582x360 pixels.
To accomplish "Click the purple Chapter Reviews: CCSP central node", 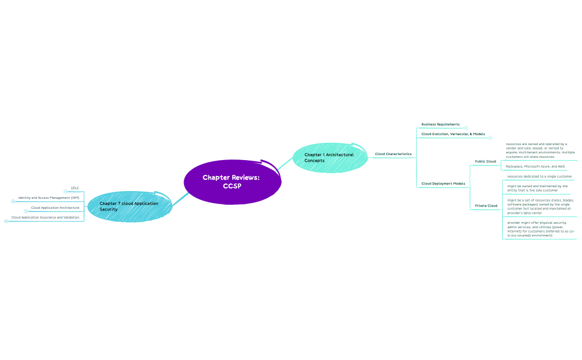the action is (231, 182).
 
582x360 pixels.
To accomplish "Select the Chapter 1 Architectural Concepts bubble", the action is (329, 158).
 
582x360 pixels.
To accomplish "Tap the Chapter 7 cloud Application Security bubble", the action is (129, 207).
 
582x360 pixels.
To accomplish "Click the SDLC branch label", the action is (75, 188).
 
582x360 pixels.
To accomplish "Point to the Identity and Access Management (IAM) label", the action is (48, 198).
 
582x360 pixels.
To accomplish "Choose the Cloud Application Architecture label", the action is (55, 208).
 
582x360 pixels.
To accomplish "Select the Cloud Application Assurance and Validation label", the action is (45, 218).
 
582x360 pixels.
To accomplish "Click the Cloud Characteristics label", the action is (393, 154).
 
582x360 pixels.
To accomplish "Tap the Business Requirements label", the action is (440, 125).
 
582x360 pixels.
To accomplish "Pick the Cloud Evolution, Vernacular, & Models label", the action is (453, 134).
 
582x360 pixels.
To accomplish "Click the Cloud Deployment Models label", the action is (443, 183).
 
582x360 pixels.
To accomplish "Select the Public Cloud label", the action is (485, 162).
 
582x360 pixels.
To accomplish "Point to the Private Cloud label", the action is (486, 206).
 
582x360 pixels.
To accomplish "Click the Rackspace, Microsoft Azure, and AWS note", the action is (535, 166).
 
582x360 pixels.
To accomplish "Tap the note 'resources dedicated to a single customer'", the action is (539, 176).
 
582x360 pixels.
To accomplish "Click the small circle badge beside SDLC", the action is (65, 192).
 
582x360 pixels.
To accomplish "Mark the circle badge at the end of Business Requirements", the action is (466, 128).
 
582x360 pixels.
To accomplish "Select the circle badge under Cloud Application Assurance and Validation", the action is (6, 221).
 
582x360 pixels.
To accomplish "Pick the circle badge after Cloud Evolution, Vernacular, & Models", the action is (490, 137).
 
